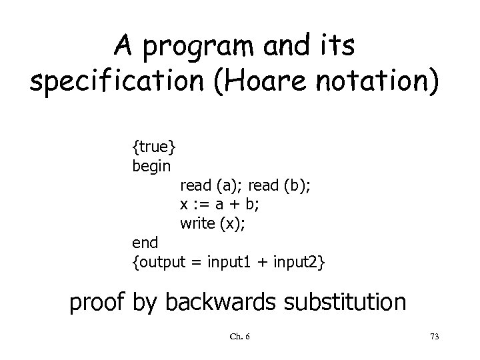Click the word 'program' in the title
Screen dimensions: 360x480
(x=191, y=47)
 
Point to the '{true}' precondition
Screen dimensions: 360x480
(x=154, y=145)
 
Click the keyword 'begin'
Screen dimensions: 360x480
(x=152, y=165)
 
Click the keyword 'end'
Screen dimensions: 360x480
(x=145, y=244)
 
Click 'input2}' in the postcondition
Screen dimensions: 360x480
(x=299, y=263)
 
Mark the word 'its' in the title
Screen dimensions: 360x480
(x=337, y=47)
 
